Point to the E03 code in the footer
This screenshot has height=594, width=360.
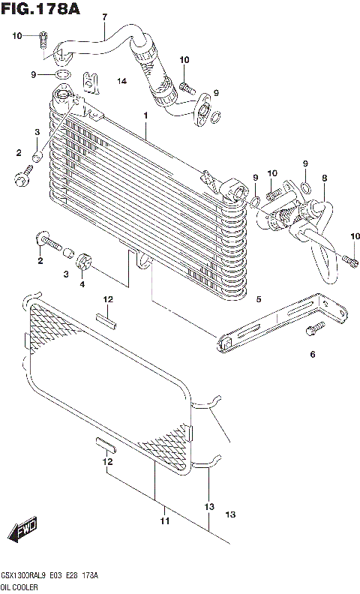[62, 575]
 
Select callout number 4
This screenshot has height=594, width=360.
[82, 284]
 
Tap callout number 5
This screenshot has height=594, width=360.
[259, 300]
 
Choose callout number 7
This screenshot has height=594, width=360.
[104, 16]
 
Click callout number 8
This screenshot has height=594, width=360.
[324, 178]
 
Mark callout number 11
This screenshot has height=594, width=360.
[164, 520]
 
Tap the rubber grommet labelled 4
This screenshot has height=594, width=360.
[85, 263]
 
